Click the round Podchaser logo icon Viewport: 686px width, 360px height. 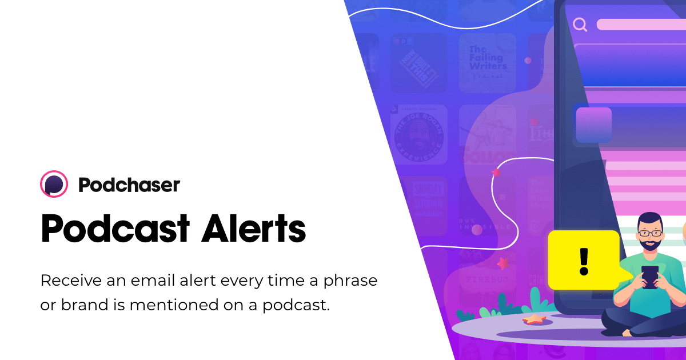pos(54,185)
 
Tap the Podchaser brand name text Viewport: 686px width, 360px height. pos(129,185)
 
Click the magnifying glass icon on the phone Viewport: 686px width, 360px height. pos(580,25)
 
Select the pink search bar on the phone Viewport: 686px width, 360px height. pos(640,25)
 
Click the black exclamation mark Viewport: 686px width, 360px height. pos(583,261)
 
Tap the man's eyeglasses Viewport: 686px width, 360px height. pos(650,233)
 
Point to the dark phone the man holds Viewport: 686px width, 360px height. pos(650,277)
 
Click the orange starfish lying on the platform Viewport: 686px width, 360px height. pos(535,319)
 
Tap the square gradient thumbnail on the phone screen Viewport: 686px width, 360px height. pos(593,125)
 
